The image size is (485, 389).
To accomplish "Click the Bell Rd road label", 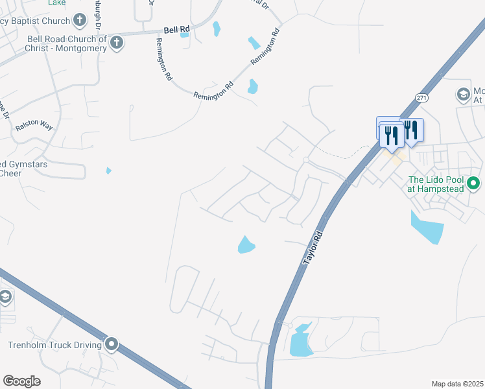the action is (x=177, y=30).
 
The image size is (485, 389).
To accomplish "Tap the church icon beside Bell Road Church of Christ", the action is (x=117, y=43).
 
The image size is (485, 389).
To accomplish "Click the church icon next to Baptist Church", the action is (x=80, y=20).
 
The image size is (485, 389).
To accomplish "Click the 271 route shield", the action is (x=422, y=98).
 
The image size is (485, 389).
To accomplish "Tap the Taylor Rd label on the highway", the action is (x=313, y=247).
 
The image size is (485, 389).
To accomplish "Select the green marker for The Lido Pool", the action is (x=473, y=184).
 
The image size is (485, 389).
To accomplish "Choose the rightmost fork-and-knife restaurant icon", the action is (x=411, y=129).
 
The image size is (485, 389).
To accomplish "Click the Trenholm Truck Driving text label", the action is (x=55, y=345).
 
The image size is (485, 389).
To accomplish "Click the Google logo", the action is (x=21, y=381).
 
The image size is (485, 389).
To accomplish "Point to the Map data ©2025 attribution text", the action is (x=458, y=384).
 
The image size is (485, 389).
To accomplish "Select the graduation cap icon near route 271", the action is (x=463, y=95).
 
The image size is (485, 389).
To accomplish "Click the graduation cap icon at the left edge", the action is (x=5, y=298).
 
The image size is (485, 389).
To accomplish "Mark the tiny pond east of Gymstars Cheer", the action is (x=108, y=171).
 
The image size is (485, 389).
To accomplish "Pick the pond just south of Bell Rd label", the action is (x=185, y=35).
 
